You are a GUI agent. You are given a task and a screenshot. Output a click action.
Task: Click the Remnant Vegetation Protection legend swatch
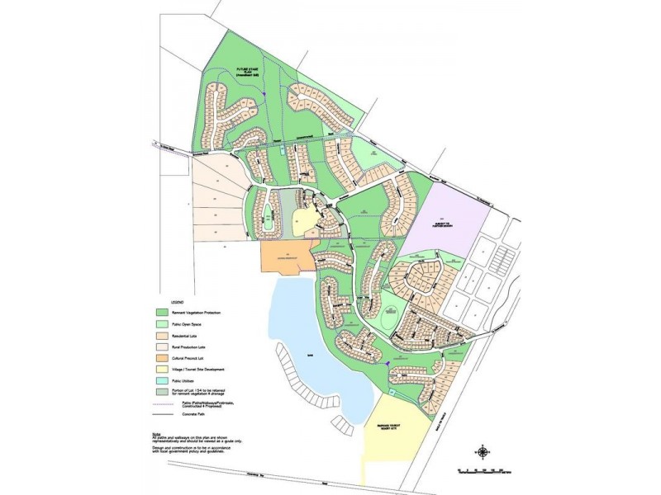click(x=160, y=313)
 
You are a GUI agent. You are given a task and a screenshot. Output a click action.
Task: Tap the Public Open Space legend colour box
click(x=160, y=325)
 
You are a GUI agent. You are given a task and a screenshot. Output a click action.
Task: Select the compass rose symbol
click(x=481, y=450)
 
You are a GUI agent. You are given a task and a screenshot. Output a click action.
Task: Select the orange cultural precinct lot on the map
click(x=286, y=257)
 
